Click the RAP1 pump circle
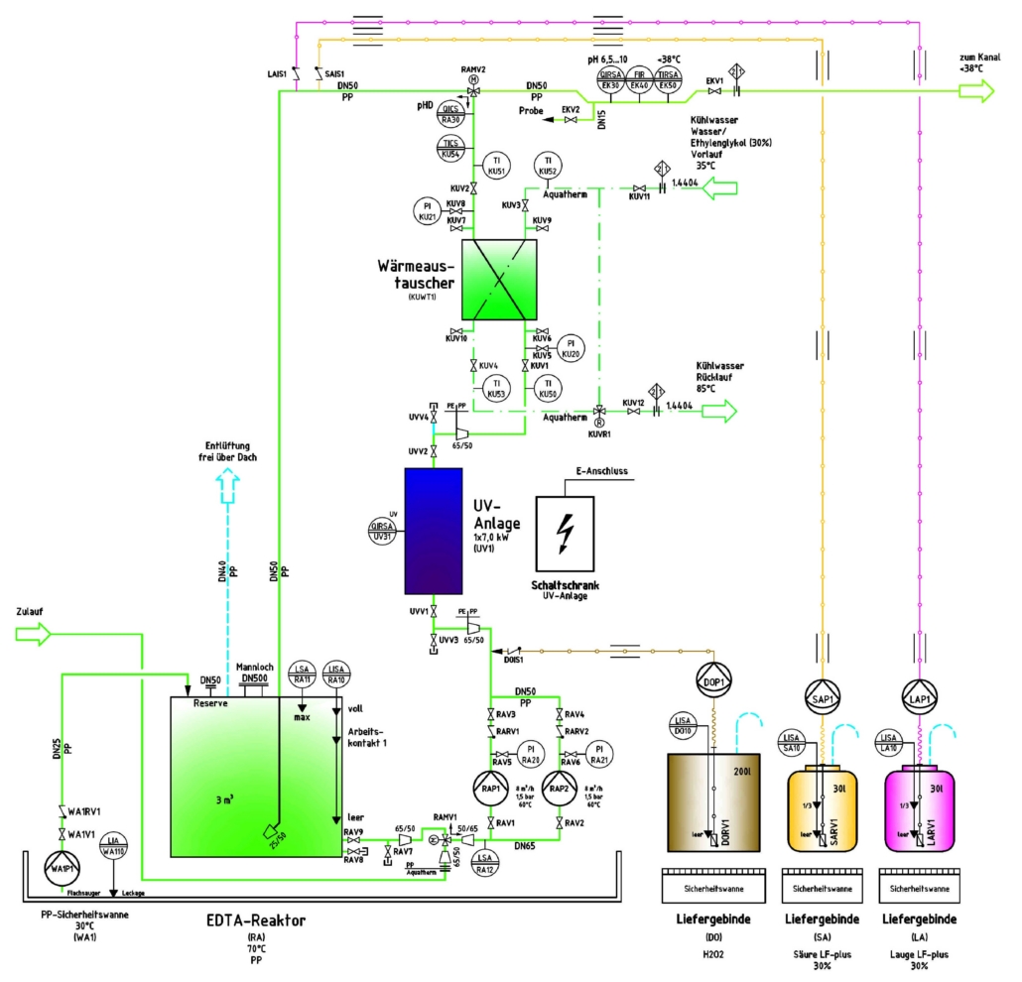click(490, 788)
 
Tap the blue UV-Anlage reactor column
click(433, 531)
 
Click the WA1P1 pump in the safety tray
click(64, 870)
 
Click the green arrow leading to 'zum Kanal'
click(974, 91)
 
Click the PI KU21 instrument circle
click(428, 209)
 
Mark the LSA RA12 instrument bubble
click(485, 863)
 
